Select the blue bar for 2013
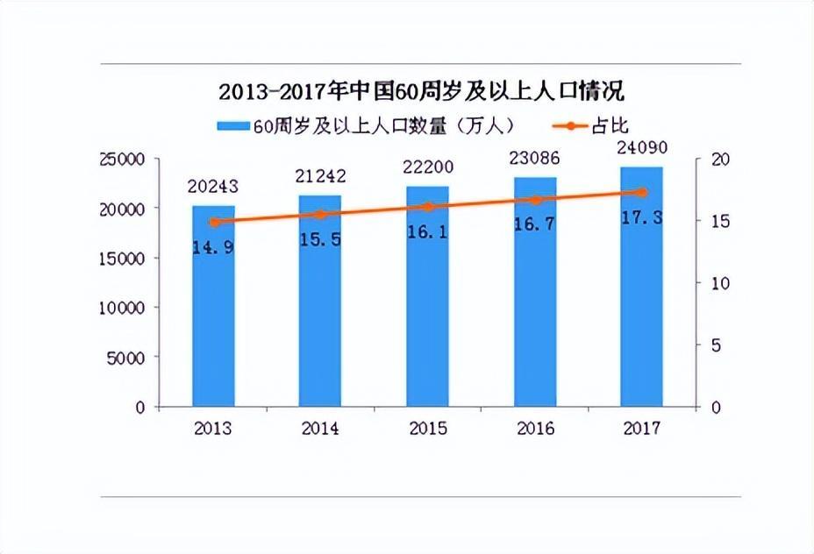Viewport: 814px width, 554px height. click(x=214, y=316)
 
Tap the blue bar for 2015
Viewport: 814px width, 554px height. click(x=427, y=307)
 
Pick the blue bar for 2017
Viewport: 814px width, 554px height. click(x=641, y=298)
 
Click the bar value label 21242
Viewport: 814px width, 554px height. click(x=321, y=176)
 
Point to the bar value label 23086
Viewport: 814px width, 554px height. click(x=535, y=159)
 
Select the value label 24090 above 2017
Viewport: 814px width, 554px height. click(x=641, y=149)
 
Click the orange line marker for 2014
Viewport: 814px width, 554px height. click(x=321, y=214)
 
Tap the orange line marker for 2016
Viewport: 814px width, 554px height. click(x=535, y=200)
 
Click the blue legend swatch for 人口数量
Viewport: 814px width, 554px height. click(x=234, y=126)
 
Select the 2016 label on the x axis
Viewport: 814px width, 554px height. click(x=535, y=429)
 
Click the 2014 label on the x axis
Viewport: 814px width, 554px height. click(x=321, y=429)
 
